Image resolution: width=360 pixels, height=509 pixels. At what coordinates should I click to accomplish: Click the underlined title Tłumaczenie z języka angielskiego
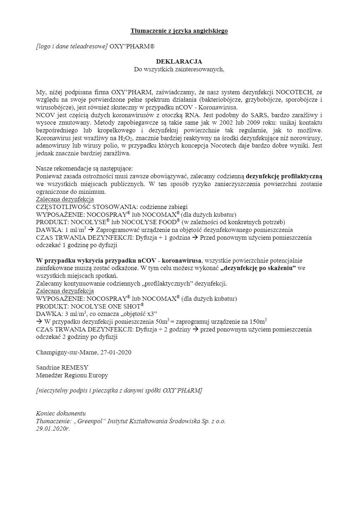click(x=179, y=31)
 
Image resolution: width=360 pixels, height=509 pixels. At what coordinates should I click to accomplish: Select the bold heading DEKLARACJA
click(x=179, y=62)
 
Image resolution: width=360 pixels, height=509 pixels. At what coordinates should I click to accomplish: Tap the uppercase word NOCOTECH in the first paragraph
click(x=292, y=92)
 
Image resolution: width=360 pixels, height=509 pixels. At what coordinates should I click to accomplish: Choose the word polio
click(x=106, y=146)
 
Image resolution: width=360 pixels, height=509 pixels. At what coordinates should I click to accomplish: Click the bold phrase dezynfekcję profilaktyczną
click(x=284, y=176)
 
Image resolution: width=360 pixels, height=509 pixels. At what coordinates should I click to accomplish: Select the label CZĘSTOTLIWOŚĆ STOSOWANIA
click(x=86, y=207)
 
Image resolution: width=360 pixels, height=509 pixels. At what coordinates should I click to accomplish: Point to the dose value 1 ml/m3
click(x=76, y=230)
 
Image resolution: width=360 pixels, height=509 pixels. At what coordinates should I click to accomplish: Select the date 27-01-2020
click(x=116, y=352)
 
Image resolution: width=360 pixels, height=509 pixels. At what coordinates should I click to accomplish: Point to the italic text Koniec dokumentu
click(x=61, y=413)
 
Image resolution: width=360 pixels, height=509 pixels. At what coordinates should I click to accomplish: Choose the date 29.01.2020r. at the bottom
click(x=53, y=429)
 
